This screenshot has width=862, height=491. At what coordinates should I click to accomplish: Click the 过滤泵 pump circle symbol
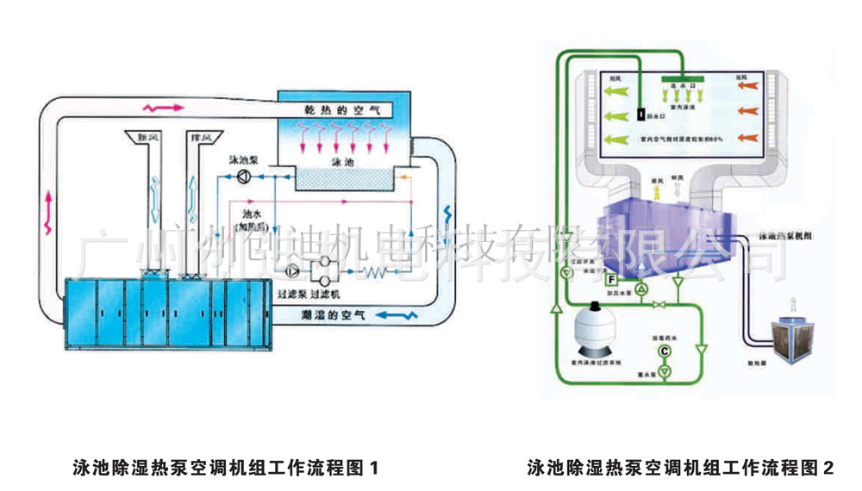coord(296,272)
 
